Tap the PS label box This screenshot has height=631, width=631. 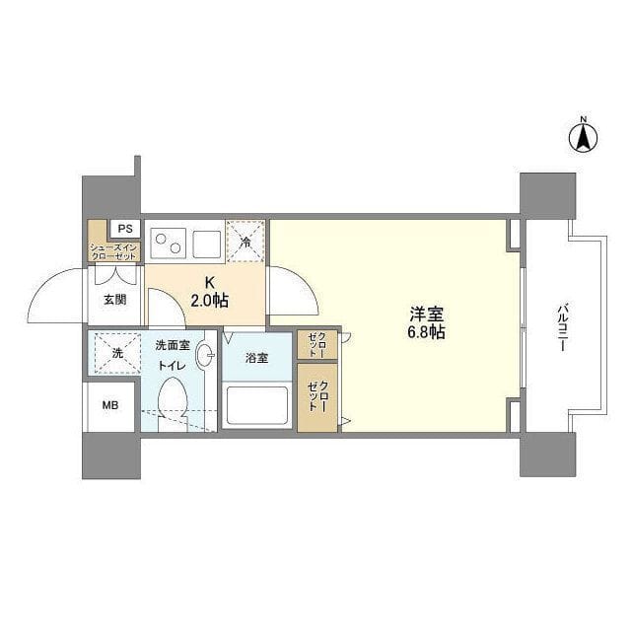[125, 229]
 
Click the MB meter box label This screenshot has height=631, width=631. [110, 405]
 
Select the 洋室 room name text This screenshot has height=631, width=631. [427, 315]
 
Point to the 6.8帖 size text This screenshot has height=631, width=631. [427, 332]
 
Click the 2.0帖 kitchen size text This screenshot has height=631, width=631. [209, 300]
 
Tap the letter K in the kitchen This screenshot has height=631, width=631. [210, 283]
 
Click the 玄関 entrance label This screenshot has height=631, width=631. [115, 300]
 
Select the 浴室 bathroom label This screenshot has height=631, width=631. [256, 358]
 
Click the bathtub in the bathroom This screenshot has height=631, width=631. [257, 405]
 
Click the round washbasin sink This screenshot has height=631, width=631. [205, 355]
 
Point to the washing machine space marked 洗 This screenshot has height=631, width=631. [117, 353]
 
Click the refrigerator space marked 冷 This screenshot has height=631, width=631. [245, 242]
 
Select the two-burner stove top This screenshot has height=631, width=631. [169, 244]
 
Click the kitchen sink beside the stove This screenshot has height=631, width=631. [206, 245]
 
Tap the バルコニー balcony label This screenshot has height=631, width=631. [562, 328]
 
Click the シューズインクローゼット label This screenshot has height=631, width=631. [114, 252]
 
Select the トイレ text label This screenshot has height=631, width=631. [172, 366]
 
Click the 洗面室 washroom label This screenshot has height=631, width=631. [173, 345]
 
